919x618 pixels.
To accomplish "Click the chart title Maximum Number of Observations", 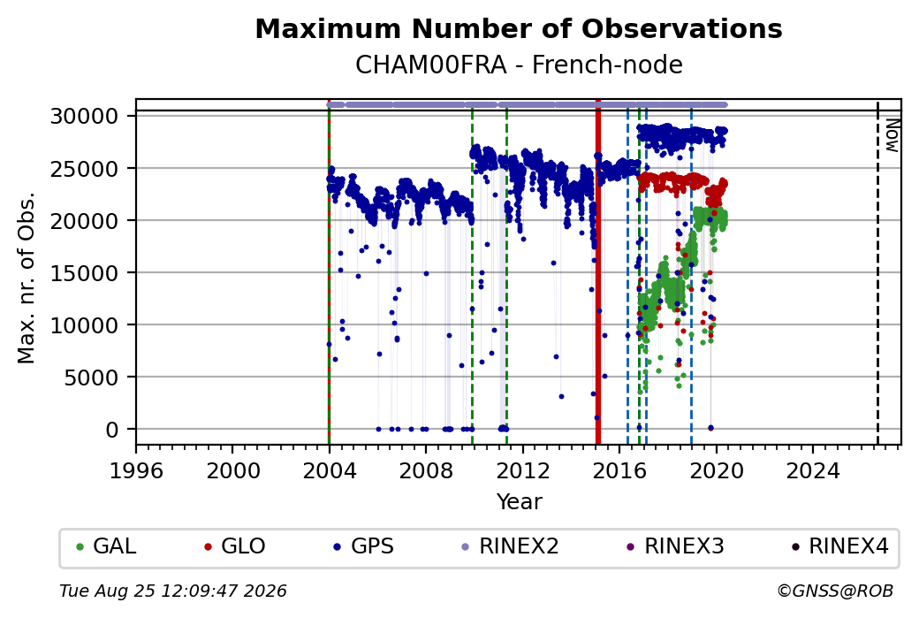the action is pyautogui.click(x=519, y=28).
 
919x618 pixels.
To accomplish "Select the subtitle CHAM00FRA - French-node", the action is pyautogui.click(x=519, y=65).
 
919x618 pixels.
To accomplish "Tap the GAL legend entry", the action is pyautogui.click(x=107, y=546).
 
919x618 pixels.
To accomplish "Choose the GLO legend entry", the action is pyautogui.click(x=235, y=546).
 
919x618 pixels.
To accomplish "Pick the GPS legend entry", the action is pyautogui.click(x=364, y=546).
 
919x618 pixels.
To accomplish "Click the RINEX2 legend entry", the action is pyautogui.click(x=511, y=546).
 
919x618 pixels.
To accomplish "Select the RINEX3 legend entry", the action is pyautogui.click(x=676, y=546).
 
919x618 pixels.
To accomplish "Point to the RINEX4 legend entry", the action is pyautogui.click(x=840, y=546).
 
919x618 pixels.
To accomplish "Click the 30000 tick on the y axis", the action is pyautogui.click(x=85, y=116).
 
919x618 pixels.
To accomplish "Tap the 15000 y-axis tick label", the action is pyautogui.click(x=85, y=272).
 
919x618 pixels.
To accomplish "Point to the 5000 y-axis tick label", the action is pyautogui.click(x=91, y=377).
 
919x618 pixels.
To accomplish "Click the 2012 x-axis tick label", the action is pyautogui.click(x=523, y=470).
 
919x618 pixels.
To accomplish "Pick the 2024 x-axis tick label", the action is pyautogui.click(x=813, y=470).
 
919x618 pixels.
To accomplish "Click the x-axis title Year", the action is pyautogui.click(x=519, y=501).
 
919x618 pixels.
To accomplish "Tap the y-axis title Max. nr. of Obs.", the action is pyautogui.click(x=26, y=278).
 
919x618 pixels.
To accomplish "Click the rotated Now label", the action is pyautogui.click(x=892, y=135).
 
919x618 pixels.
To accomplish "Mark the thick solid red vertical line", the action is pyautogui.click(x=598, y=272).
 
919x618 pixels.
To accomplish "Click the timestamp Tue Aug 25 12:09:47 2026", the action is pyautogui.click(x=173, y=591).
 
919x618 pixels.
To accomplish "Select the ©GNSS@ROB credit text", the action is pyautogui.click(x=835, y=591).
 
